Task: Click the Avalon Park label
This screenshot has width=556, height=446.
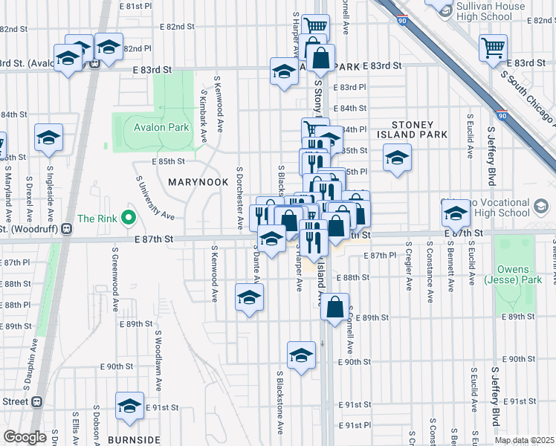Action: pos(161,127)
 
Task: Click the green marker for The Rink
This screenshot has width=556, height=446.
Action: pos(129,219)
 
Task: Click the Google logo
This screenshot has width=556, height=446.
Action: pos(25,437)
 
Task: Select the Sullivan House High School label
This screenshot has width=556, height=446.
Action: pos(491,11)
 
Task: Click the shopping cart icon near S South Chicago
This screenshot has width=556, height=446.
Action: pos(494,47)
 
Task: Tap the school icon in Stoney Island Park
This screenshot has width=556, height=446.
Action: pos(397,158)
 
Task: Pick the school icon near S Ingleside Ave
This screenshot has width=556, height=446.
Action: pos(49,138)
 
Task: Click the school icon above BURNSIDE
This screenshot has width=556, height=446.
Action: pos(130,405)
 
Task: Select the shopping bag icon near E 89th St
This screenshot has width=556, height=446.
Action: pos(335,305)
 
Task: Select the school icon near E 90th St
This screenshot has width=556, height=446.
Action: pos(302,355)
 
